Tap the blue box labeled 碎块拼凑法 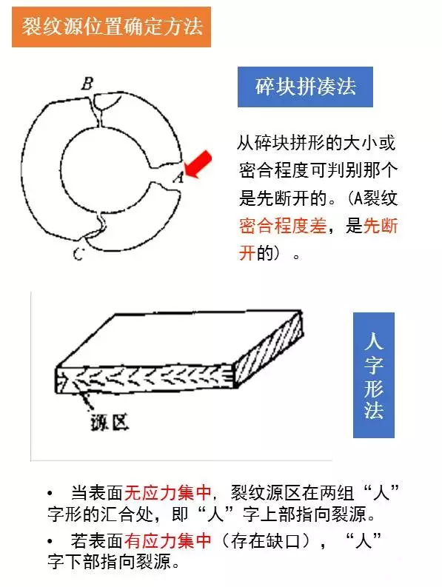[305, 87]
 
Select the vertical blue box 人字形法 [373, 375]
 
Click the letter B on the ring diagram [87, 83]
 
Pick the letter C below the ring [79, 255]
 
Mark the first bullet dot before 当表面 [49, 492]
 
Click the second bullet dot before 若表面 [49, 540]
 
